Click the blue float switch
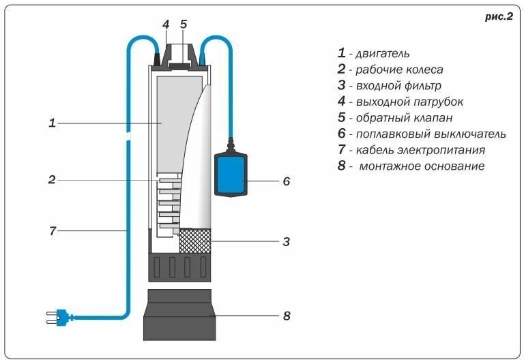click(x=231, y=175)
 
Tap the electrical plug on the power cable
click(x=58, y=317)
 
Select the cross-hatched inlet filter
click(x=195, y=241)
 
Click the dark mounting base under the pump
click(x=179, y=314)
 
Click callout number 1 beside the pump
click(x=52, y=123)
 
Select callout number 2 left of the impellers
click(x=52, y=180)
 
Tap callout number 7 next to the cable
click(x=53, y=230)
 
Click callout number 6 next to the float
click(x=287, y=181)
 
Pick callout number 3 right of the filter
click(x=287, y=241)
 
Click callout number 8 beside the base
click(x=287, y=316)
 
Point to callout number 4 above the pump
click(x=166, y=25)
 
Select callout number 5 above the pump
click(x=184, y=24)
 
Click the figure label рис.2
click(x=499, y=16)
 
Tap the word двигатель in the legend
click(x=383, y=54)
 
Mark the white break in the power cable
click(x=128, y=136)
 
